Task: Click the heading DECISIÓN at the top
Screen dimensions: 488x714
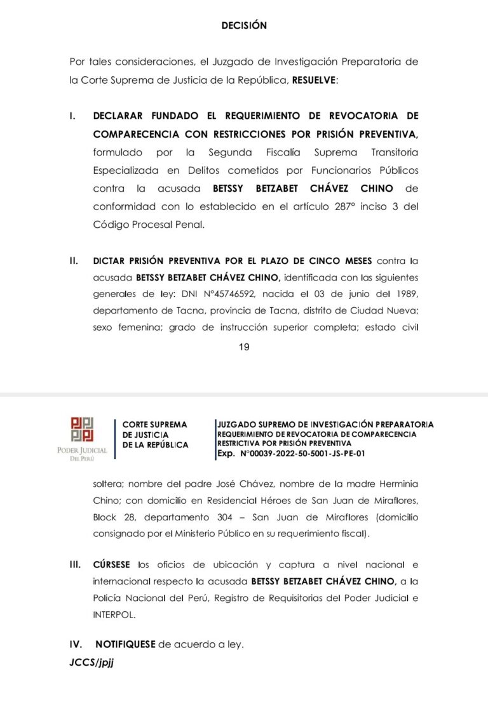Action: coord(244,26)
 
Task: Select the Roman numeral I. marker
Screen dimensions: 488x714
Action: coord(73,116)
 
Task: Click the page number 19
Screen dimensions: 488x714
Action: coord(244,347)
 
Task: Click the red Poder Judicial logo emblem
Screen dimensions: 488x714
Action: coord(83,430)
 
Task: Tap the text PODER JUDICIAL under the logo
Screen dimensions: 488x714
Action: coord(83,451)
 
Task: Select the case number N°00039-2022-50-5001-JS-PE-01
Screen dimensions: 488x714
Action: coord(302,454)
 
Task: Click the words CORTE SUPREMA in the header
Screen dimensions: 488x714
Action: coord(154,424)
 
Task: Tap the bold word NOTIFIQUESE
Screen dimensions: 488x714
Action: coord(125,644)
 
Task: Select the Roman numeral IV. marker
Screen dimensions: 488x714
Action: coord(76,644)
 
